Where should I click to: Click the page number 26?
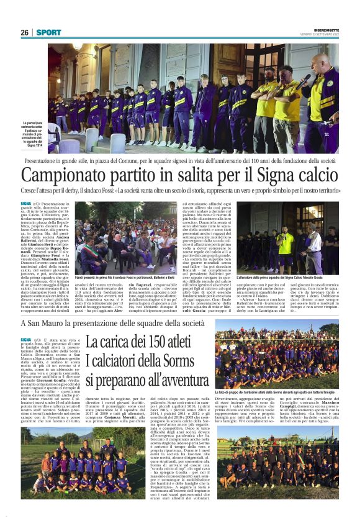(24, 32)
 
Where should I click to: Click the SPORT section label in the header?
(48, 32)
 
